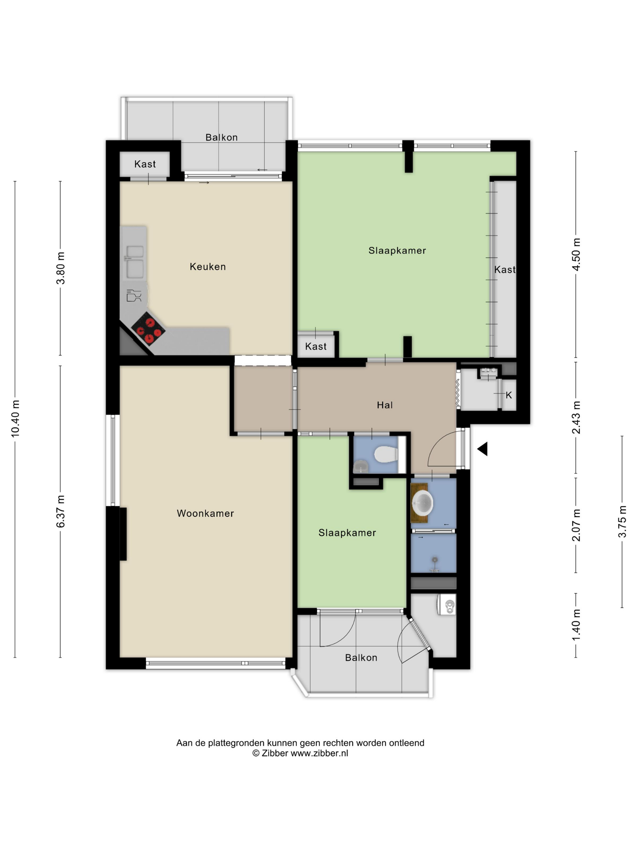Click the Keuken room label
click(x=207, y=266)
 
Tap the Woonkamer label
click(x=205, y=513)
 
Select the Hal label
click(x=384, y=405)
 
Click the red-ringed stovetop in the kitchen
click(x=148, y=328)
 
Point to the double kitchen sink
click(x=134, y=261)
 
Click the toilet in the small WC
click(x=386, y=454)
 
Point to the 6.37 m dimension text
click(x=60, y=511)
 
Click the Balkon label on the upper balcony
click(x=221, y=137)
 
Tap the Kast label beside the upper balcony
click(x=145, y=164)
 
